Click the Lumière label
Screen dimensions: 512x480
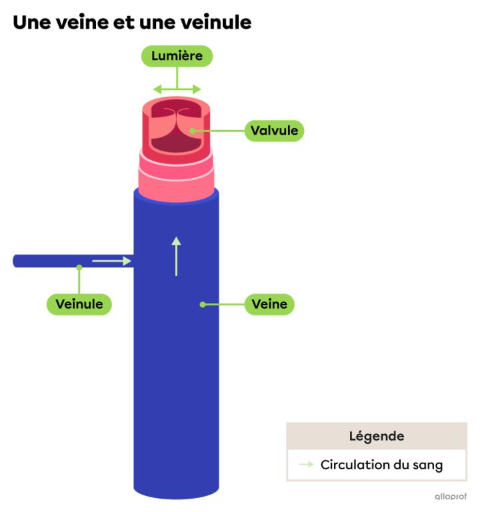[x=177, y=56]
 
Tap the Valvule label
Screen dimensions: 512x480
[x=274, y=131]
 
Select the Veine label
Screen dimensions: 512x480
[x=269, y=304]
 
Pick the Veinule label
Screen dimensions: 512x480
[x=79, y=304]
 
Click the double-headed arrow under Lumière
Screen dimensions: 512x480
[x=177, y=89]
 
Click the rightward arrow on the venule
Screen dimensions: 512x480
[x=111, y=261]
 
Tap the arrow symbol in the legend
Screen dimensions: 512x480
[x=306, y=465]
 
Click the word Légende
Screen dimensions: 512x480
[x=377, y=437]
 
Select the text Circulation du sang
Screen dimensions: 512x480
[x=381, y=465]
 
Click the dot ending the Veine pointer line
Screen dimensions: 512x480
[x=203, y=305]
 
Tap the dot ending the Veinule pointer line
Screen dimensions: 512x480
[x=79, y=268]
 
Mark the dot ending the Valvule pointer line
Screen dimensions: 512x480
[x=192, y=131]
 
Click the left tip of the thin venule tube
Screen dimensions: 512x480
[x=15, y=261]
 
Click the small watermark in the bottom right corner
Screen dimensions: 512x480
[x=451, y=496]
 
